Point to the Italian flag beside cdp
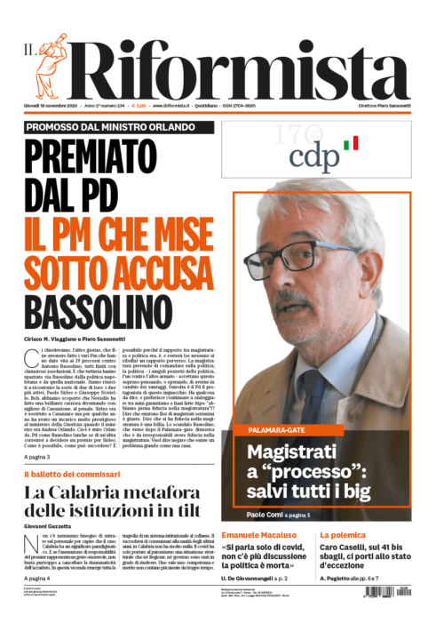pos(352,142)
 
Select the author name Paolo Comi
pos(266,515)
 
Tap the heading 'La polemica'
pos(367,535)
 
